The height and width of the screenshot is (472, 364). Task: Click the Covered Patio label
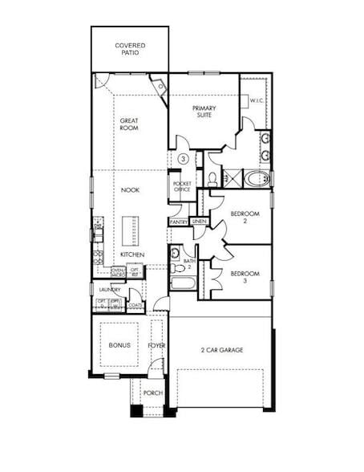pos(130,49)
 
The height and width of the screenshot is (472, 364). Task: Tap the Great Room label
pos(129,124)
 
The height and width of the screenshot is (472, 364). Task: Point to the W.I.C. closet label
pos(257,101)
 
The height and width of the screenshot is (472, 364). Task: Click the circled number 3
pos(183,160)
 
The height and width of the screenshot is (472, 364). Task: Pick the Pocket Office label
pos(182,187)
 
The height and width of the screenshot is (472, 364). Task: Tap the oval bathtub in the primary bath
pos(258,178)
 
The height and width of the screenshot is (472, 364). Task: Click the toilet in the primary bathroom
pos(212,178)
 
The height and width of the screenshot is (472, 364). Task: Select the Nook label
pos(130,190)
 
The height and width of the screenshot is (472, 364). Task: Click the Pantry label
pos(179,222)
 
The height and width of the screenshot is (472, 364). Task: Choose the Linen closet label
pos(199,222)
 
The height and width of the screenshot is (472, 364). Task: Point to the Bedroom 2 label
pos(243,218)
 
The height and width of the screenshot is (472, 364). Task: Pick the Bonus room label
pos(119,345)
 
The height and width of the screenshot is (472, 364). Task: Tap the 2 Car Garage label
pos(221,350)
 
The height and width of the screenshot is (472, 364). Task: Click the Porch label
pos(153,393)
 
